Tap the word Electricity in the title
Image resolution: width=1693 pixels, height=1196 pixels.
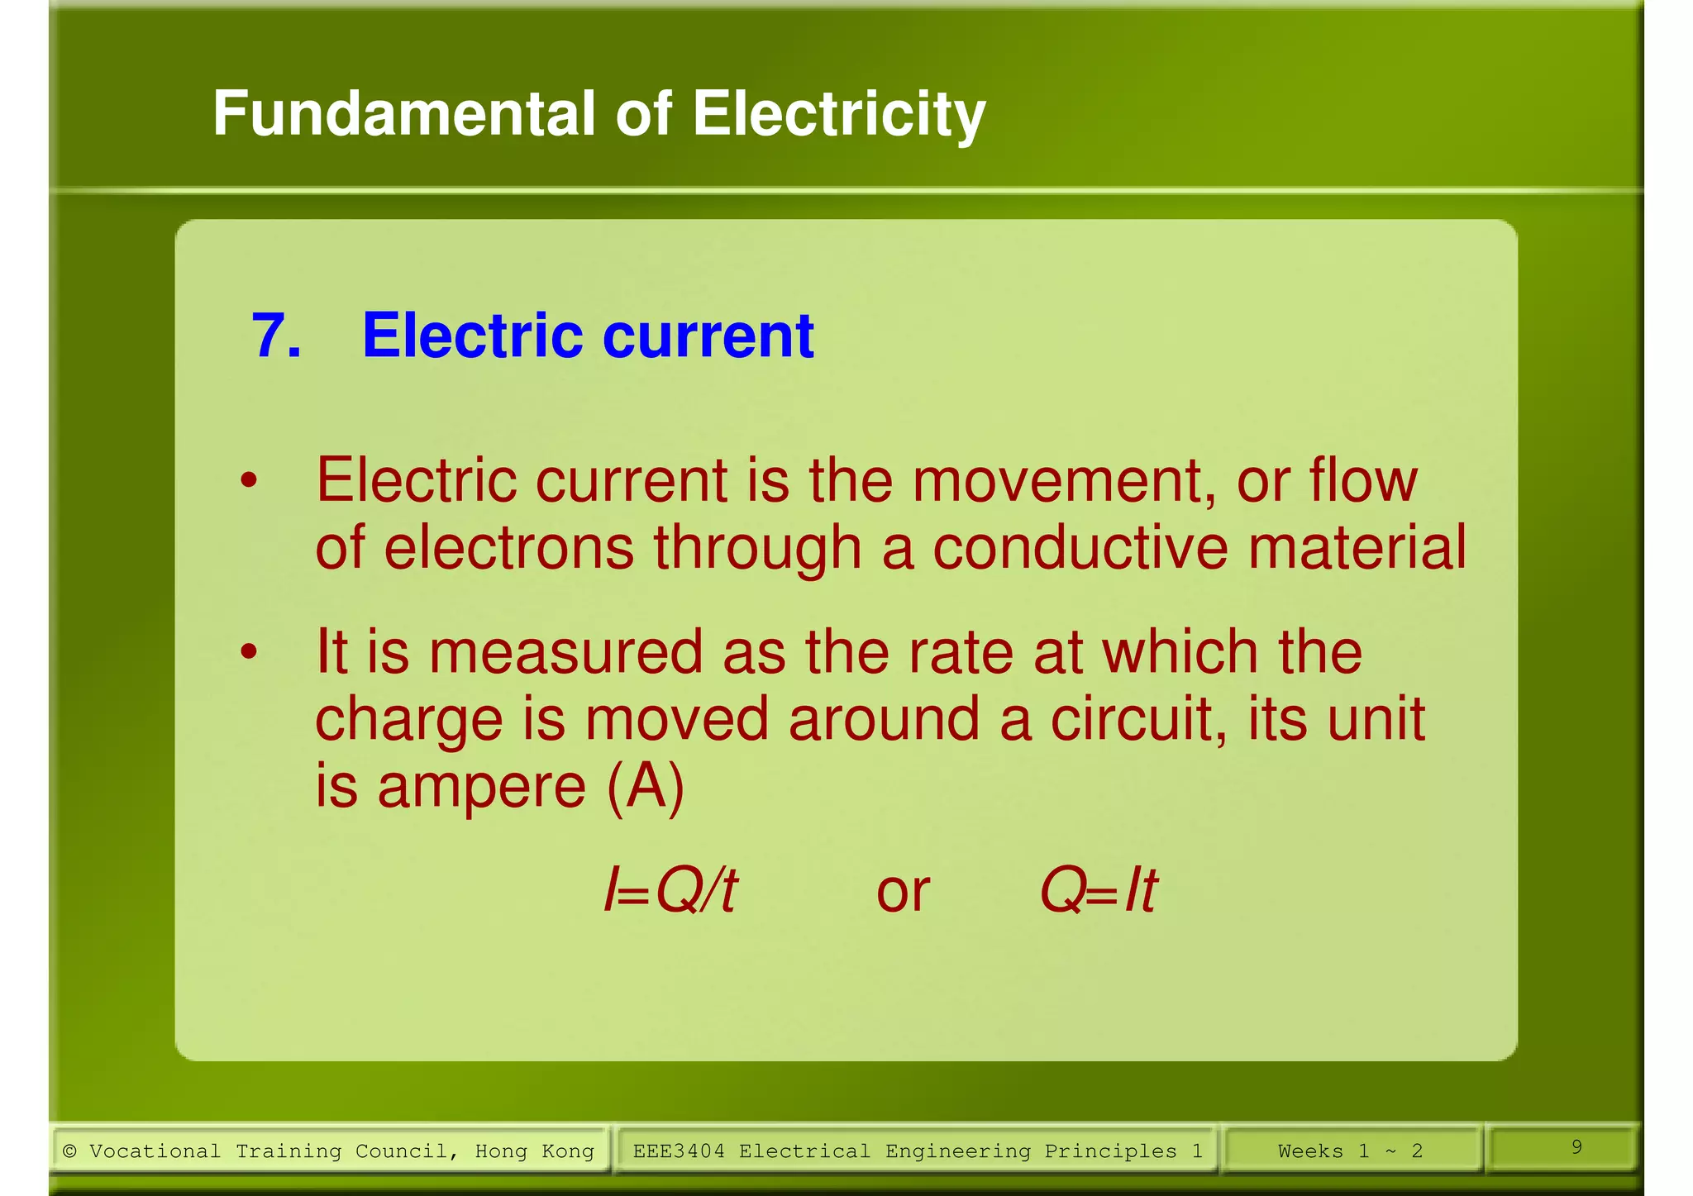[839, 115]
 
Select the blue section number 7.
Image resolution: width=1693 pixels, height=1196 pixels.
[275, 336]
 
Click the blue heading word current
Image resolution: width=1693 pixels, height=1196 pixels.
[708, 336]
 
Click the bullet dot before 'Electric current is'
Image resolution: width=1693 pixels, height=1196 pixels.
[249, 480]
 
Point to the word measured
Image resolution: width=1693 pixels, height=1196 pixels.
[565, 653]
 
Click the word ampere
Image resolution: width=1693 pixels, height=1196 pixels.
[482, 785]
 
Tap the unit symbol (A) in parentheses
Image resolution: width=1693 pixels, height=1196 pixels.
[646, 787]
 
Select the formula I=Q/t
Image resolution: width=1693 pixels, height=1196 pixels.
[670, 891]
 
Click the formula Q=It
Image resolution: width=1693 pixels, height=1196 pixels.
[1099, 891]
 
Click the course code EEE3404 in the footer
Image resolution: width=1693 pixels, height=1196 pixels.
[679, 1151]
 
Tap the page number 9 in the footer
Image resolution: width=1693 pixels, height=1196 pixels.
[1576, 1146]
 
